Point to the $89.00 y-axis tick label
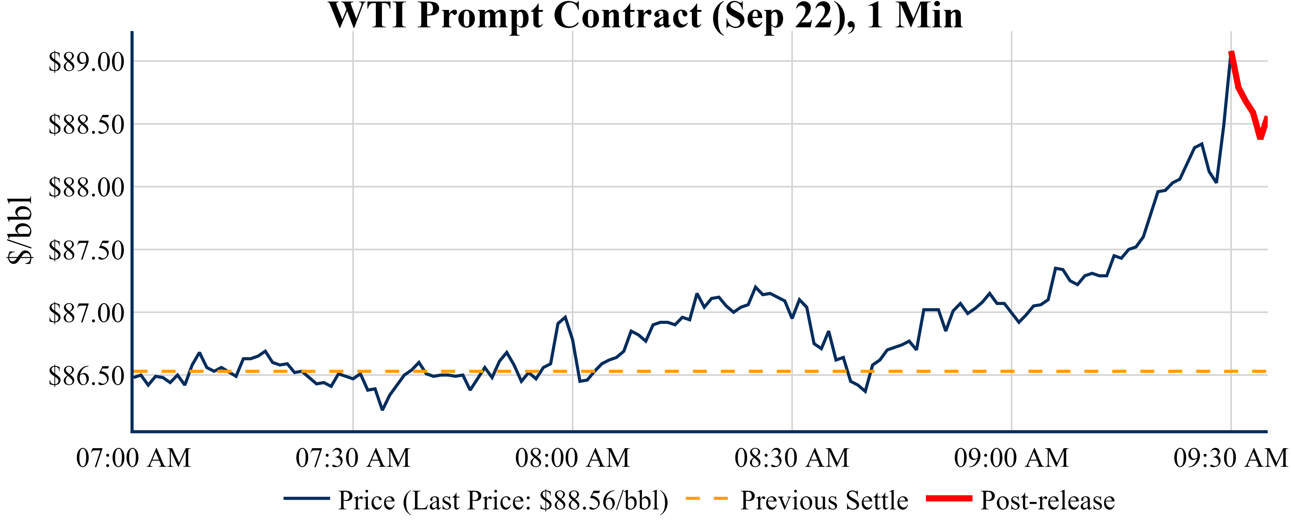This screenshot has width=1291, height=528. click(x=86, y=62)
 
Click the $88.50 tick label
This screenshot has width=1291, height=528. click(x=86, y=125)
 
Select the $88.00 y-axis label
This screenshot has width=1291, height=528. click(x=86, y=188)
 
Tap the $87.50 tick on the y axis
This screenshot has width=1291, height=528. click(x=86, y=250)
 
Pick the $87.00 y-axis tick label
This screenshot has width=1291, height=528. click(x=86, y=314)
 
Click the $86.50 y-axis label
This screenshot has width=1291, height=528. click(x=86, y=376)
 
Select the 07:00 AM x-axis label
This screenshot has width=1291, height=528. click(x=133, y=458)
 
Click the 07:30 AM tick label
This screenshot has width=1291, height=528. click(x=353, y=458)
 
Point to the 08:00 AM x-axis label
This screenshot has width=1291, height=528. click(x=572, y=458)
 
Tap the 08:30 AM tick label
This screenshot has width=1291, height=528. click(x=792, y=458)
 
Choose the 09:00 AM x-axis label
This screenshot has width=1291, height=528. click(x=1011, y=458)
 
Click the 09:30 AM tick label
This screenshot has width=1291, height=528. click(x=1230, y=458)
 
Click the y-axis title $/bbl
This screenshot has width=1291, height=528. click(x=20, y=230)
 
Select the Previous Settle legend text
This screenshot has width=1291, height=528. click(x=824, y=500)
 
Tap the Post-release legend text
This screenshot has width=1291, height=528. click(x=1047, y=500)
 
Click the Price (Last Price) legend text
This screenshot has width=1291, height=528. click(x=503, y=500)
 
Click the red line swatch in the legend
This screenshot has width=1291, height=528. click(x=949, y=498)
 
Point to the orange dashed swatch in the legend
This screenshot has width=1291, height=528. click(x=706, y=498)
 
